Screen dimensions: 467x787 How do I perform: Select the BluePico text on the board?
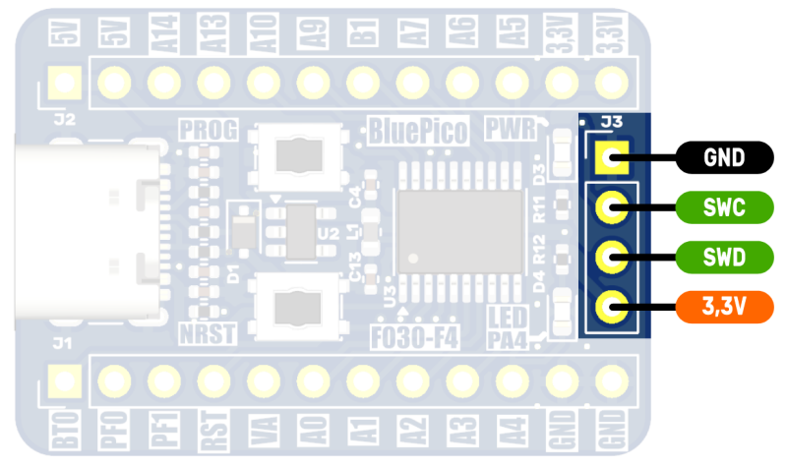click(417, 129)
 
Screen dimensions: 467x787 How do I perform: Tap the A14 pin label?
click(163, 38)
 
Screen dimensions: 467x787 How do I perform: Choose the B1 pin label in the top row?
click(363, 38)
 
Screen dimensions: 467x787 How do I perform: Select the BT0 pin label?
click(65, 432)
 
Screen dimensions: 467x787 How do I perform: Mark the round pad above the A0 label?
click(313, 379)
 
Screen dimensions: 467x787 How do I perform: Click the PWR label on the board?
click(510, 128)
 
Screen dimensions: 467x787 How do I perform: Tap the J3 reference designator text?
click(612, 122)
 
